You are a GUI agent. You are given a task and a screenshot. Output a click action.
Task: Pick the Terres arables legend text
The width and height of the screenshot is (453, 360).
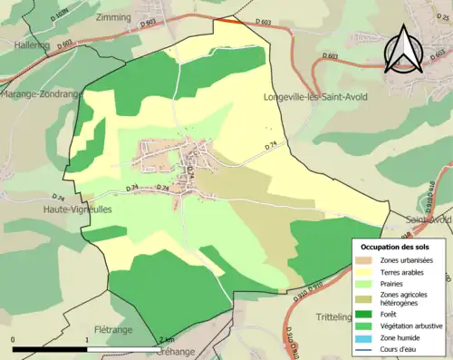405,271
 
